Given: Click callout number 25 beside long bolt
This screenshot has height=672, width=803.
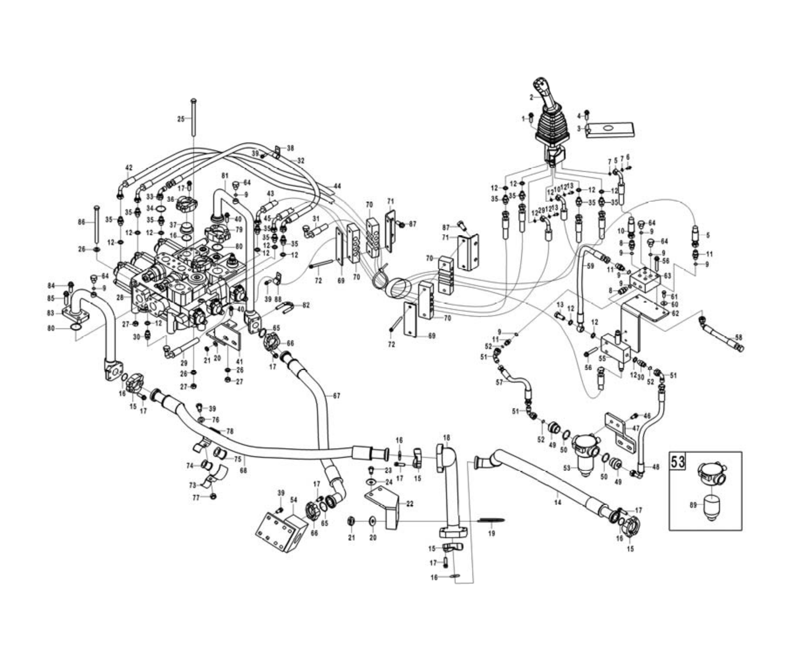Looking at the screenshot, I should (181, 119).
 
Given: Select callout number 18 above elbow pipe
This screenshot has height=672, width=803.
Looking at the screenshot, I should (447, 437).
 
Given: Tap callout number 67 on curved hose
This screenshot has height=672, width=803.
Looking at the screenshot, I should (336, 396).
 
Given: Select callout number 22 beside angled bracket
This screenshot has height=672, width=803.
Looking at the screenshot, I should (410, 504).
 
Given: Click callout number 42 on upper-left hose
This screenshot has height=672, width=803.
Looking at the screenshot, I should (129, 167).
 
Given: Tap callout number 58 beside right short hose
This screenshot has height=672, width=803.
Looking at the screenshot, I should (738, 338).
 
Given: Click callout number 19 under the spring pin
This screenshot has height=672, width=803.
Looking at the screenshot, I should (492, 533).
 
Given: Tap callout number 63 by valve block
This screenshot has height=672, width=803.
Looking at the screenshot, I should (667, 275).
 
